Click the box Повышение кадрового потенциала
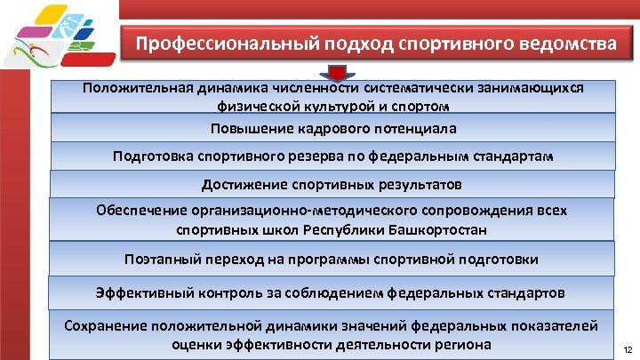pos(333,129)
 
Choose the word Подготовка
pos(149,156)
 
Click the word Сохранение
pos(106,325)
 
